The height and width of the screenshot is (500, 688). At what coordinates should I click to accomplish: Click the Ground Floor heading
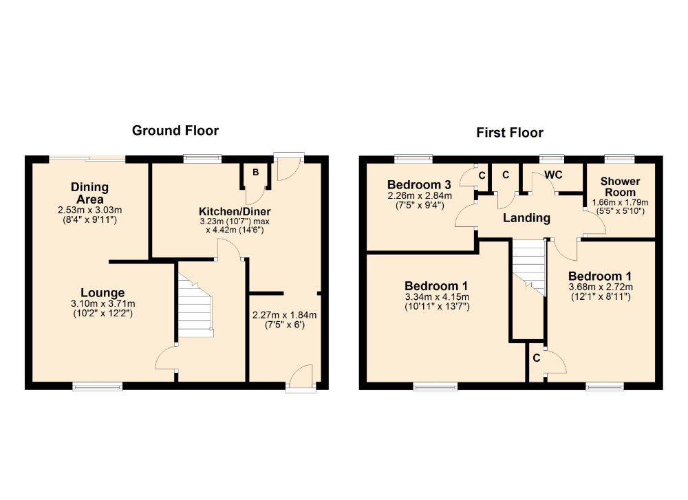[x=175, y=130]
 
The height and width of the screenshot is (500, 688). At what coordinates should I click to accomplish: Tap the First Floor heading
[x=509, y=133]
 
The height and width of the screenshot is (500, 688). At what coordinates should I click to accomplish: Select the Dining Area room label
[x=89, y=193]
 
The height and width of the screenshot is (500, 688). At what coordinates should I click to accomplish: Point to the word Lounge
[x=103, y=292]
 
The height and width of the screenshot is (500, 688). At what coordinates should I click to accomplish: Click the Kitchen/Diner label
[x=235, y=211]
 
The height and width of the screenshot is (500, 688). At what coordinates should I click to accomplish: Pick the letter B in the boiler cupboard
[x=255, y=173]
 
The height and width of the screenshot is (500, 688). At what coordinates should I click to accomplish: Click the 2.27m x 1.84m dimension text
[x=284, y=315]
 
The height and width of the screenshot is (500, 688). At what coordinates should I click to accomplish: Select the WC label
[x=553, y=175]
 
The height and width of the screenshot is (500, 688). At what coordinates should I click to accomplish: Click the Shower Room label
[x=620, y=187]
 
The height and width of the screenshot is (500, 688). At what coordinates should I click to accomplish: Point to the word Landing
[x=526, y=218]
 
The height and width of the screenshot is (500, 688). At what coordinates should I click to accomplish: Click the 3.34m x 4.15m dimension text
[x=437, y=297]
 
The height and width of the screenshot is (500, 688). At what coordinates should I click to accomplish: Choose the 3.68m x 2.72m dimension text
[x=601, y=287]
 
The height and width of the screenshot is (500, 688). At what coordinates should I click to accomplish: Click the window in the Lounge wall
[x=98, y=387]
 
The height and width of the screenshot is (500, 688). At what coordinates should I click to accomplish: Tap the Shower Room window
[x=619, y=158]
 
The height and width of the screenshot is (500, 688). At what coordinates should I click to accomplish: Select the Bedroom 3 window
[x=413, y=158]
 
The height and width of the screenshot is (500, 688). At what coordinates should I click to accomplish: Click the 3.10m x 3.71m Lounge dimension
[x=103, y=303]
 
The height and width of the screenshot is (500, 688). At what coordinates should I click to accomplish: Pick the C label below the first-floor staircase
[x=536, y=358]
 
